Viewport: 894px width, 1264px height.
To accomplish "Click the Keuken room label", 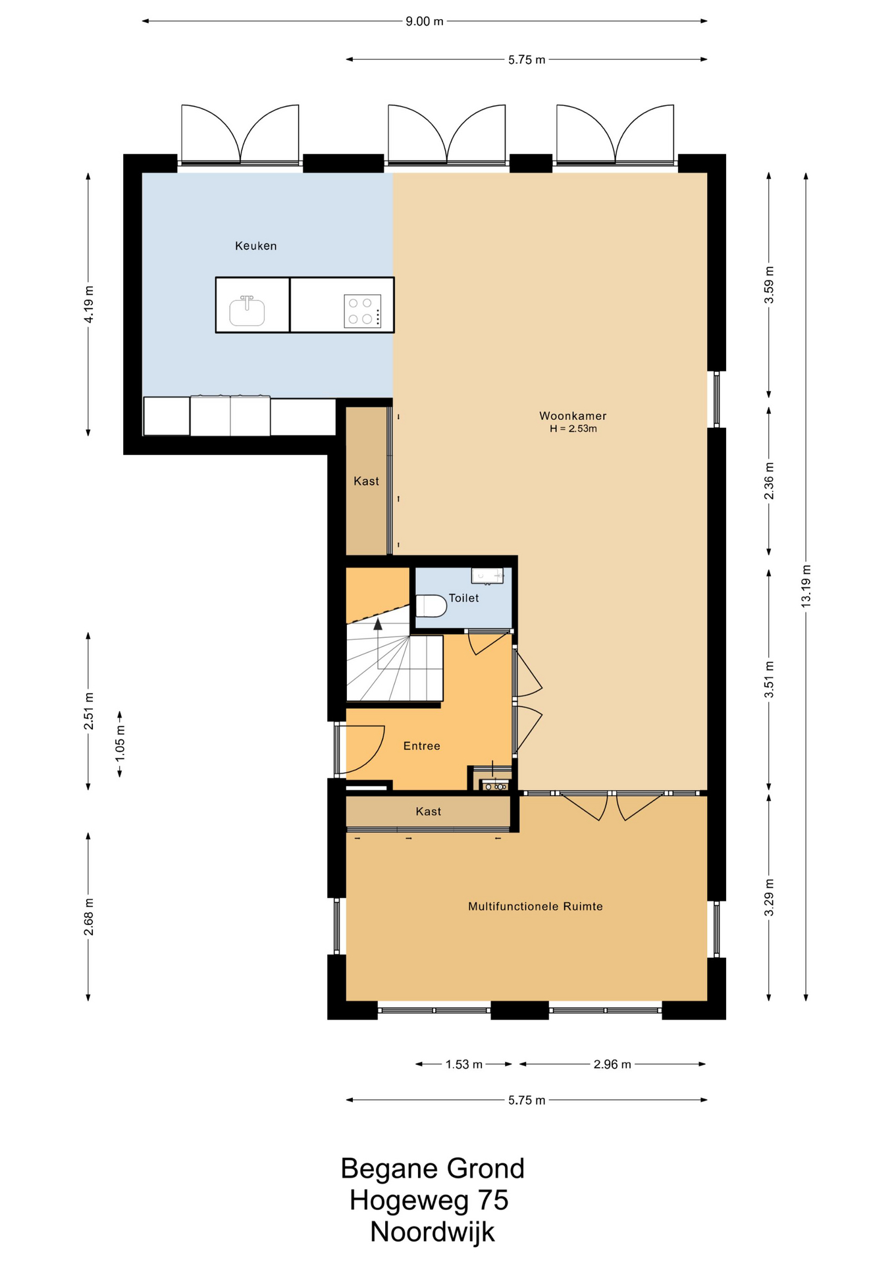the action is pos(255,246).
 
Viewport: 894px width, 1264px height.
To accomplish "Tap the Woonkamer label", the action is pos(573,415).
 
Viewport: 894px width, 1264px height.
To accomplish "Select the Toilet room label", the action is pos(463,598).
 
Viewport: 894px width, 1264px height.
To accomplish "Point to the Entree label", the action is pos(421,745).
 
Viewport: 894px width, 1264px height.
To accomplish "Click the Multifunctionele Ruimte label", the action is pos(535,906).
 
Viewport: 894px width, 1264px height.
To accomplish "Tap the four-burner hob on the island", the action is pos(362,311).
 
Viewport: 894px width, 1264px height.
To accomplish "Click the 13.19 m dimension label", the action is pos(806,586).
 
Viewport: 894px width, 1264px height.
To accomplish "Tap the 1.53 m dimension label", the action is pos(464,1064).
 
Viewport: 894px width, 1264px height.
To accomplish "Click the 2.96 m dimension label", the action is pos(612,1064).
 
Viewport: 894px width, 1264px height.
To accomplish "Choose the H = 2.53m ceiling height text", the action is pos(573,429).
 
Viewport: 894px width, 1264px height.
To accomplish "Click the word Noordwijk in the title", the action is pos(432,1231).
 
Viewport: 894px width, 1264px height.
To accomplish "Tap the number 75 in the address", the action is pos(492,1200).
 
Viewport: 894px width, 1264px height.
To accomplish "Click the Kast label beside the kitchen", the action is pos(366,481).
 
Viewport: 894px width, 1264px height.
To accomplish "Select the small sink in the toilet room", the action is pos(487,575).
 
